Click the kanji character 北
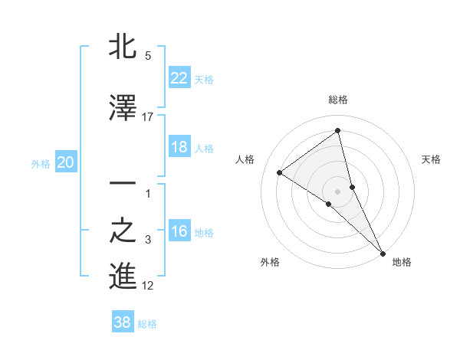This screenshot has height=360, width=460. click(x=123, y=47)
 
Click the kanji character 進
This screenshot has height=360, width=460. click(x=123, y=277)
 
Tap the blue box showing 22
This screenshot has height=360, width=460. click(x=179, y=78)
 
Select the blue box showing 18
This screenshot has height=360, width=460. click(x=179, y=147)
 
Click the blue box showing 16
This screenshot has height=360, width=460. click(x=179, y=232)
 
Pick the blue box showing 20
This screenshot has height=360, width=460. click(x=66, y=162)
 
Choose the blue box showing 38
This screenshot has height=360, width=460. click(x=122, y=323)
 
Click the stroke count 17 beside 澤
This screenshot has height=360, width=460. click(x=148, y=116)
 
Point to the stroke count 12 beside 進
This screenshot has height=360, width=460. click(x=148, y=286)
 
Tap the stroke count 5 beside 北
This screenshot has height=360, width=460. click(x=147, y=56)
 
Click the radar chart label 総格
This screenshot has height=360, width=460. click(x=338, y=100)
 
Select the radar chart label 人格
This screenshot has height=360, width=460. click(x=245, y=159)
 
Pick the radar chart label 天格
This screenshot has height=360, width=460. click(x=431, y=159)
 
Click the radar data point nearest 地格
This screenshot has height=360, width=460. click(x=383, y=252)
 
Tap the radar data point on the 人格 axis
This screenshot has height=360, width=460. click(x=280, y=172)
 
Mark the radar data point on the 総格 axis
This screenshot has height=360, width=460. click(x=338, y=130)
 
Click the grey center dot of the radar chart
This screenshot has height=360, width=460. click(x=338, y=191)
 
